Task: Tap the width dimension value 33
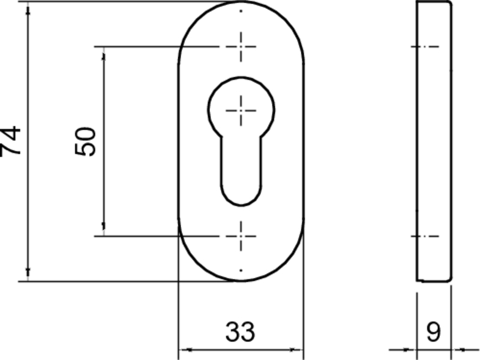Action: [240, 331]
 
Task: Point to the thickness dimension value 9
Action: [433, 331]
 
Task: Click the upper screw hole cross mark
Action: [241, 46]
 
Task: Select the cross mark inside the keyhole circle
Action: [241, 109]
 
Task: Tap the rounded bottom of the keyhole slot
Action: [241, 198]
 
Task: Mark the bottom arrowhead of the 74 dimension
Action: [28, 275]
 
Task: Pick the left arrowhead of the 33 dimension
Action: [184, 349]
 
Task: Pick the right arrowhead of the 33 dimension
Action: [298, 349]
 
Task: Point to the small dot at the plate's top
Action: [241, 11]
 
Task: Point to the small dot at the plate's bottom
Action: [241, 271]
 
